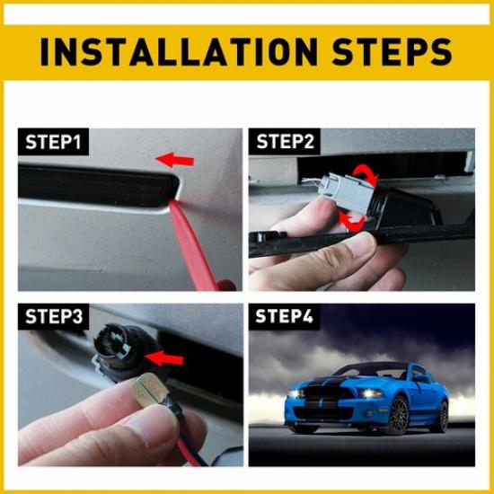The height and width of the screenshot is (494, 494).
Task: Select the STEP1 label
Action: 53,142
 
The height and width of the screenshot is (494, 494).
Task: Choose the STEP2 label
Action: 287,142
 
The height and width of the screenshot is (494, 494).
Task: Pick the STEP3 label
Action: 53,317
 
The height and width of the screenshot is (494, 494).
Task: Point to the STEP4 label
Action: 287,317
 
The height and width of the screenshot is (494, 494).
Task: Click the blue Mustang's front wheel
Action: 396,415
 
